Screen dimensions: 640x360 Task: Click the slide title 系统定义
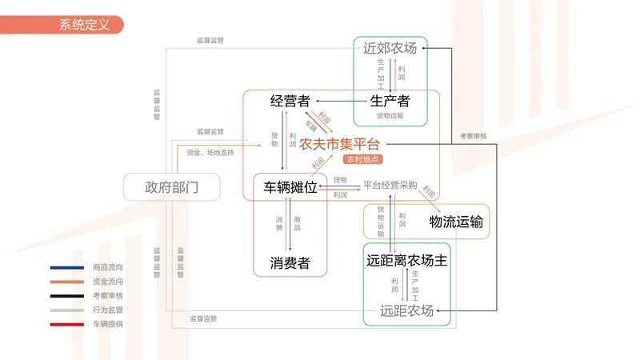84,25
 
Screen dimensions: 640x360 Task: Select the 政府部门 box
171,187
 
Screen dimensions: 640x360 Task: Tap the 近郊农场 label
390,48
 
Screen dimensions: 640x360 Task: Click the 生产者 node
390,101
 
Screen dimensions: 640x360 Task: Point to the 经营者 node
290,101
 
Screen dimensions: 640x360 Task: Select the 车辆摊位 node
290,187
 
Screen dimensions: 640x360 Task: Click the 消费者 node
290,262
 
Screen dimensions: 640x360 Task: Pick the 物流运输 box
456,221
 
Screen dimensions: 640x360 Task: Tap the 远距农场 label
406,310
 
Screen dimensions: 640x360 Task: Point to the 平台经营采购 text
390,185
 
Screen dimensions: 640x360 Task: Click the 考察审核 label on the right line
473,136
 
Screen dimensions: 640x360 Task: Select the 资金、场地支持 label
210,152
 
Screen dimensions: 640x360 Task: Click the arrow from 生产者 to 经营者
341,101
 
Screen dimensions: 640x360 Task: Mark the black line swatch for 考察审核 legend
67,296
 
